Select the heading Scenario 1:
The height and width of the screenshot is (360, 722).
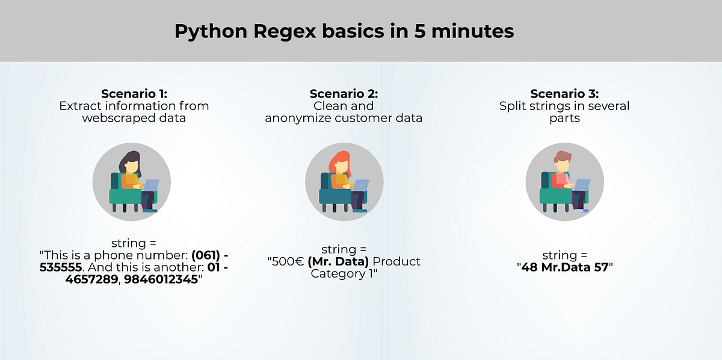click(134, 94)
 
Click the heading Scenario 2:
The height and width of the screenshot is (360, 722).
click(344, 94)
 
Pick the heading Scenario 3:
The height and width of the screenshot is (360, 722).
click(564, 94)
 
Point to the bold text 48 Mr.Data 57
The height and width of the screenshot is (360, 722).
click(564, 267)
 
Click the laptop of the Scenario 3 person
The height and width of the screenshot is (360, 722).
click(580, 184)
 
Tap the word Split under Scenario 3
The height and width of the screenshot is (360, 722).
click(513, 106)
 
